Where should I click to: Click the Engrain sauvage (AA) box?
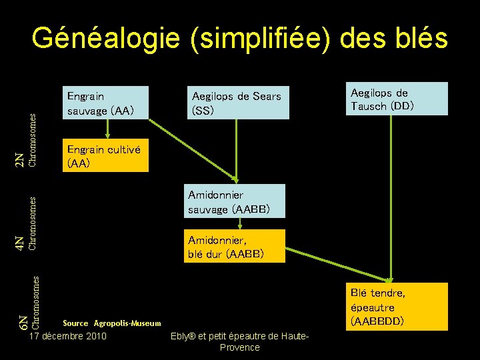pyautogui.click(x=105, y=103)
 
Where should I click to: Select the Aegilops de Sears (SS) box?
pyautogui.click(x=238, y=103)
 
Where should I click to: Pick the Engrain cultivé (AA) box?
pyautogui.click(x=105, y=156)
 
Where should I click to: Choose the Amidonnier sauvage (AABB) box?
pyautogui.click(x=235, y=201)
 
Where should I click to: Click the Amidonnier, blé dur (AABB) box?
pyautogui.click(x=235, y=246)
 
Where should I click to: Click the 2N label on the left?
pyautogui.click(x=21, y=160)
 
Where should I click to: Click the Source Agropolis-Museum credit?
pyautogui.click(x=112, y=323)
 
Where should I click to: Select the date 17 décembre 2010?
pyautogui.click(x=68, y=336)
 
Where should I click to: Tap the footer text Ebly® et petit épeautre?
pyautogui.click(x=239, y=336)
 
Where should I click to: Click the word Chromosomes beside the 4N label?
pyautogui.click(x=33, y=223)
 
